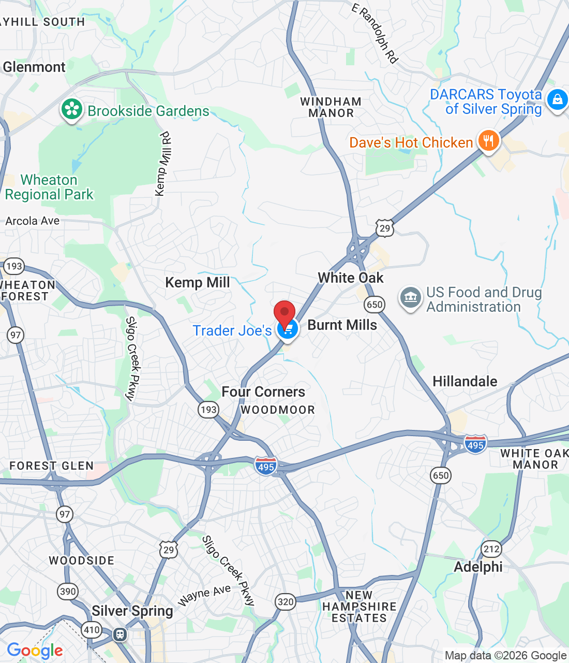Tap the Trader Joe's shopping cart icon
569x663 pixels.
(x=288, y=329)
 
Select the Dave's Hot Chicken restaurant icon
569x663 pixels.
(x=488, y=140)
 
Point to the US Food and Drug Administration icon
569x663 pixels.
(x=410, y=298)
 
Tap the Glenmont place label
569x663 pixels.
(x=34, y=67)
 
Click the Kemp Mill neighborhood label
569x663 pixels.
(x=197, y=282)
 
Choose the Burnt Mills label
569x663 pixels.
(x=342, y=325)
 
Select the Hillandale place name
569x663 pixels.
(x=465, y=381)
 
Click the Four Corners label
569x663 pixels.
(x=263, y=392)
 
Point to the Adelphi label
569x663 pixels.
(x=478, y=567)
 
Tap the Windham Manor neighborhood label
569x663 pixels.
(x=331, y=107)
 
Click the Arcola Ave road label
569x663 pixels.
(x=33, y=221)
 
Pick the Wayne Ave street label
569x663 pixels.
(x=204, y=595)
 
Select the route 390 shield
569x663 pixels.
(x=68, y=591)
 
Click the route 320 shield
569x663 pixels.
(x=286, y=601)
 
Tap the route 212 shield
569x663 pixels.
(x=491, y=549)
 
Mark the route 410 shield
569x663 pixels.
(x=92, y=630)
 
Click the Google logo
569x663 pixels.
(x=35, y=651)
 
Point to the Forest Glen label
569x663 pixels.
(x=52, y=466)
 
